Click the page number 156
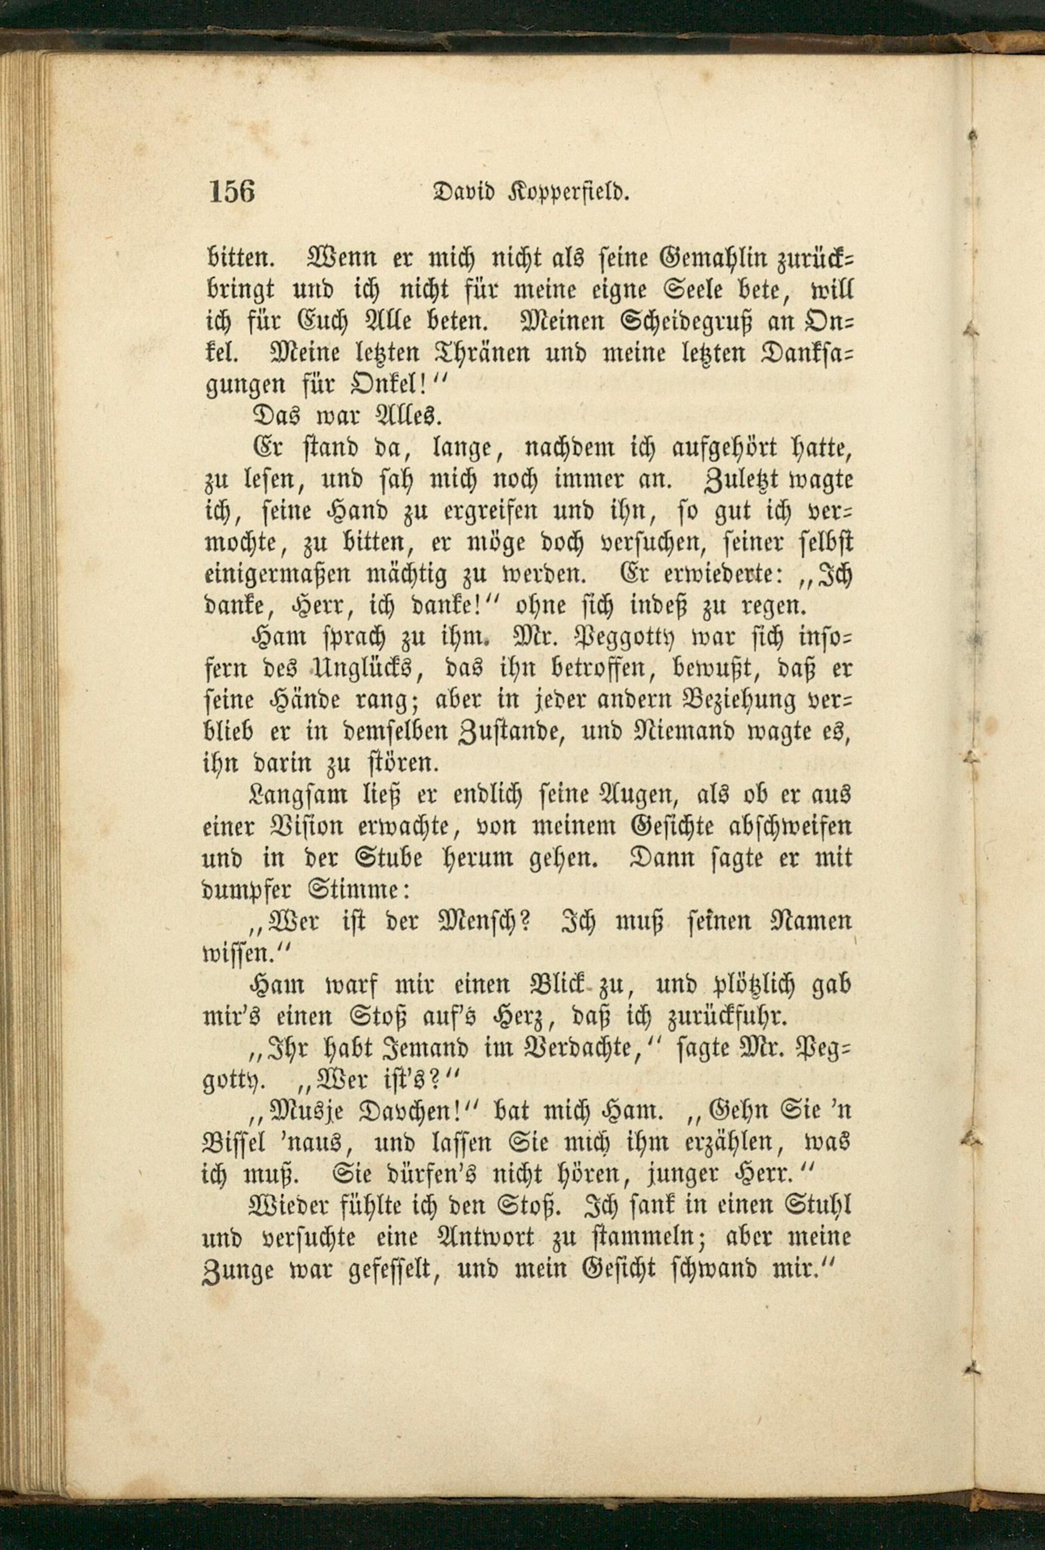coord(232,192)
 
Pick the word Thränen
coord(456,353)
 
